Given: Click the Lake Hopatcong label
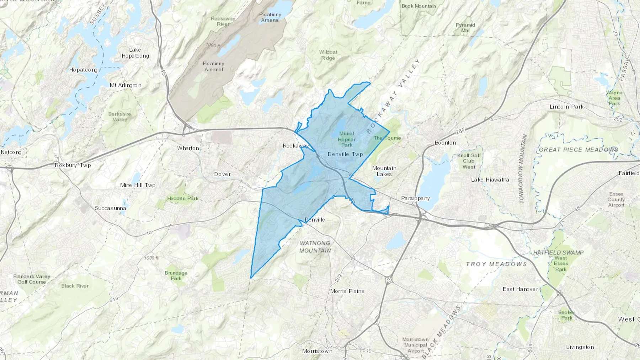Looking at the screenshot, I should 135,53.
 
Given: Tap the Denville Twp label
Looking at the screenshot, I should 345,154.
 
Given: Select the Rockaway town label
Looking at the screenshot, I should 295,146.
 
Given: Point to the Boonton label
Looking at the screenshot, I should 445,143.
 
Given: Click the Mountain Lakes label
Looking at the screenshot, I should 384,171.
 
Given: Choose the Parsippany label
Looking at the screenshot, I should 415,198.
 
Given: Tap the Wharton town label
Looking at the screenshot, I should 188,148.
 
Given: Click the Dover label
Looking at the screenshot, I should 222,174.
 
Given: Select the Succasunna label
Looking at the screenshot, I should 110,208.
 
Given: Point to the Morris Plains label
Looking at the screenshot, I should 347,291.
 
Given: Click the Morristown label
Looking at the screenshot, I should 317,351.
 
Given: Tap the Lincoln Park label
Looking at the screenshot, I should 566,107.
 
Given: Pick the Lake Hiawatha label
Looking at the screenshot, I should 490,180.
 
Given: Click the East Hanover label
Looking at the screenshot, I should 520,289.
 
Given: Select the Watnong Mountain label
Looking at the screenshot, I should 315,247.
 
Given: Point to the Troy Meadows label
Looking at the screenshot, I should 496,264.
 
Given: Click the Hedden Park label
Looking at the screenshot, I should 183,198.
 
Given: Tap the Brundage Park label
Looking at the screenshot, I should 176,275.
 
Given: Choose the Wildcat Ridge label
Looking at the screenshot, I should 328,55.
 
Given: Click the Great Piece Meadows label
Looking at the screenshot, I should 578,150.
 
